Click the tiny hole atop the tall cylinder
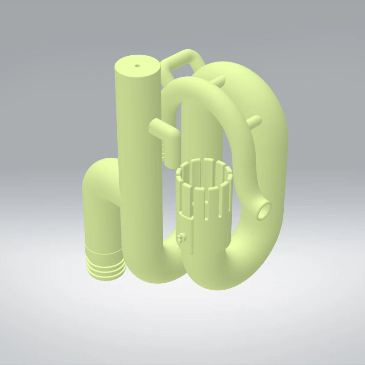pyautogui.click(x=137, y=65)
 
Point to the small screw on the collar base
pyautogui.click(x=182, y=238)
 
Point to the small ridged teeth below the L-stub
pyautogui.click(x=163, y=151)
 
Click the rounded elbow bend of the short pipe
pyautogui.click(x=98, y=173)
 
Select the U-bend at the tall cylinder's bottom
pyautogui.click(x=160, y=269)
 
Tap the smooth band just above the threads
pyautogui.click(x=104, y=249)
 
